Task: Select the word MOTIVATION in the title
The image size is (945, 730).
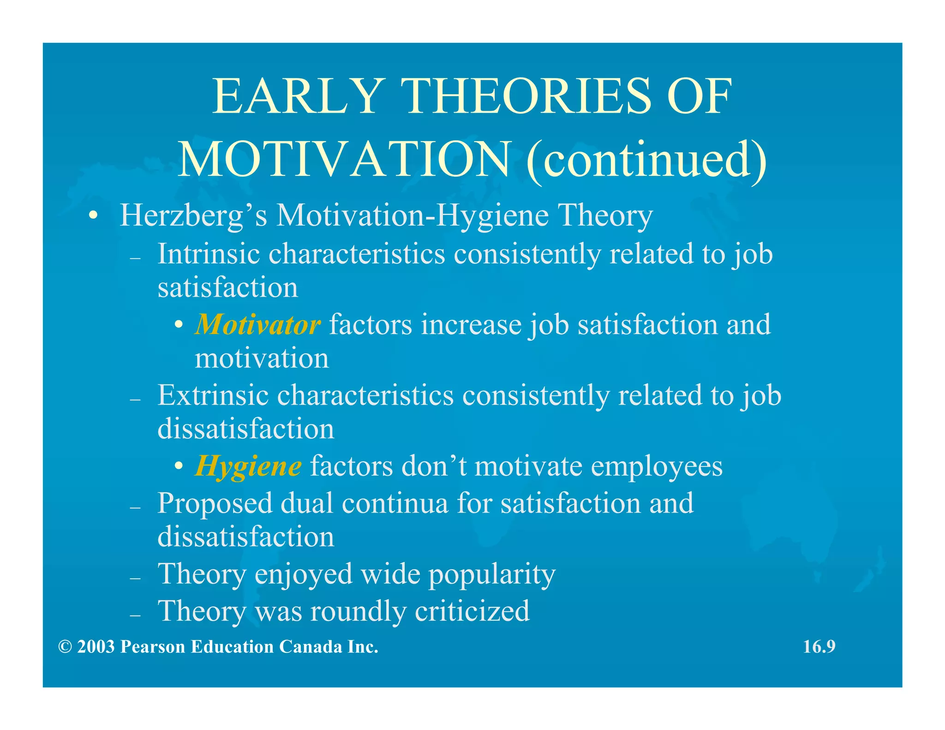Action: point(344,159)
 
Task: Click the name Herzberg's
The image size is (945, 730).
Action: point(193,216)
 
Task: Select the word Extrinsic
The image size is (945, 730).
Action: point(213,395)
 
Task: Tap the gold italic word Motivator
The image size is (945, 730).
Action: point(257,325)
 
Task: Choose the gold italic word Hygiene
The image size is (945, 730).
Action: point(249,466)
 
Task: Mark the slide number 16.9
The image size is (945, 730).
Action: point(819,647)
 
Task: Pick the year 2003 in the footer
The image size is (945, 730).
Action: point(96,647)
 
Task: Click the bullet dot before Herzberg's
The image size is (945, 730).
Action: point(93,215)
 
